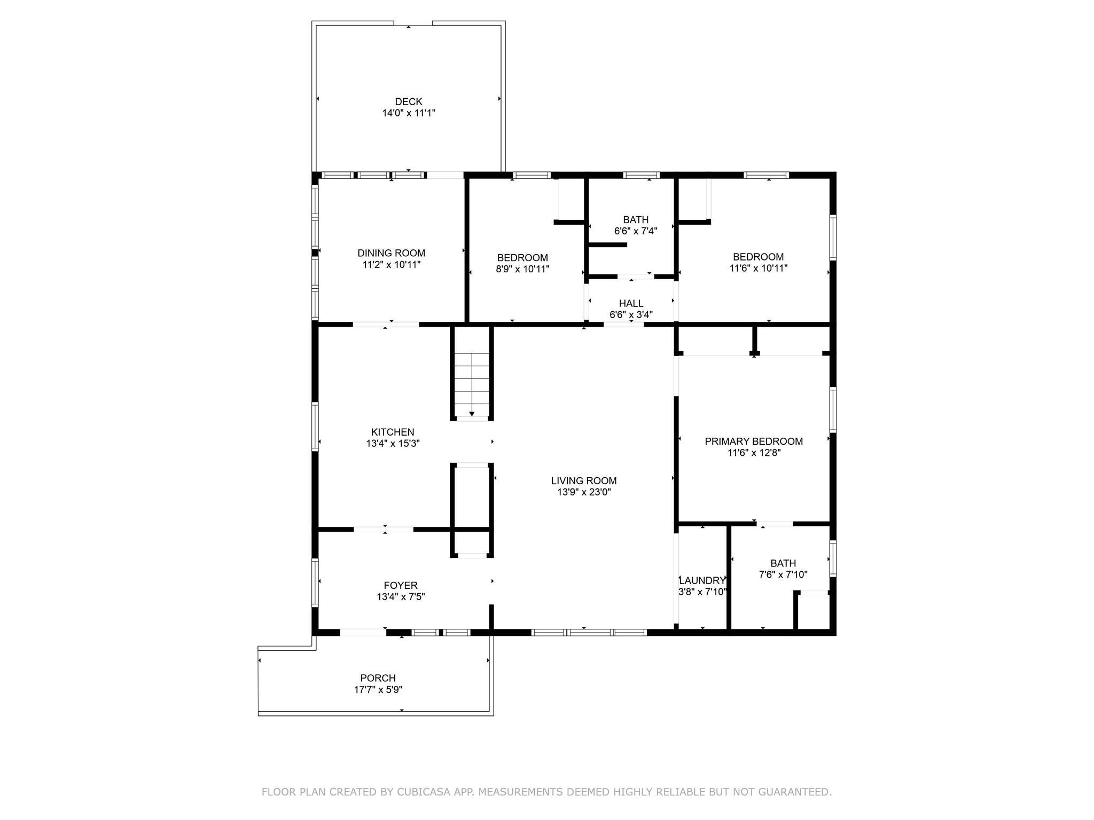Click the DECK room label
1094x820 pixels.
point(408,101)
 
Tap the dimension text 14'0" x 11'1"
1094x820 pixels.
point(408,113)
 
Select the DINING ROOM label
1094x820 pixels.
point(391,253)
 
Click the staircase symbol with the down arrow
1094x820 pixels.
point(472,384)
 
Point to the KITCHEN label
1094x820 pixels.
point(393,432)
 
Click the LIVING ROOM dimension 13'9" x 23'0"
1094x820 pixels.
point(584,492)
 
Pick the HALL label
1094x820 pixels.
point(631,303)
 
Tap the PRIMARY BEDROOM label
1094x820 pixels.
point(753,441)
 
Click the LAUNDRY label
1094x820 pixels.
point(702,581)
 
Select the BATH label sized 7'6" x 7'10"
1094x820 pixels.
point(783,563)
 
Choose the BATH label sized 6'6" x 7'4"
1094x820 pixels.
point(636,219)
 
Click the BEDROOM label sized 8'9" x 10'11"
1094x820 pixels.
point(522,258)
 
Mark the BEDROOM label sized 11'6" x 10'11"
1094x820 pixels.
point(758,257)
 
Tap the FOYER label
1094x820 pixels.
point(401,585)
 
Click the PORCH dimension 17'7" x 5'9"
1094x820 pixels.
point(378,690)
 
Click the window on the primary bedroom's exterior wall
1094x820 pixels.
point(832,409)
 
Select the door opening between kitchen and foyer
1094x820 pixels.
point(384,530)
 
